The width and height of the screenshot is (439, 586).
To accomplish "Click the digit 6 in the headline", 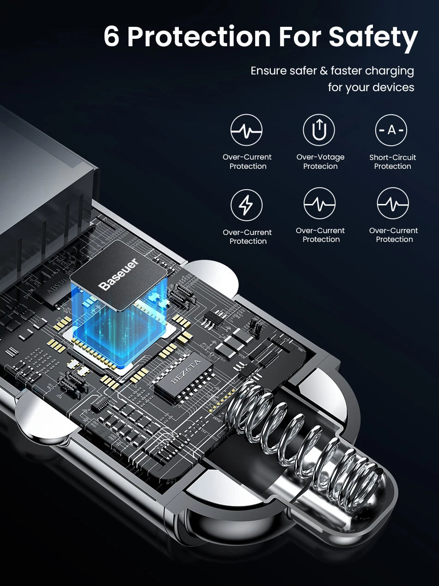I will pyautogui.click(x=112, y=37).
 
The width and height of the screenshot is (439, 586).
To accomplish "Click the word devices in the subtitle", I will pyautogui.click(x=394, y=87).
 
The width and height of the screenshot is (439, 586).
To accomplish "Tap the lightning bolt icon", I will pyautogui.click(x=246, y=205).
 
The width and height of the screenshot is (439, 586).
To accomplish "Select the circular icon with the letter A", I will pyautogui.click(x=391, y=130).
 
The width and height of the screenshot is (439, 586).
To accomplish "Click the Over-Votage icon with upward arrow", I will pyautogui.click(x=319, y=130).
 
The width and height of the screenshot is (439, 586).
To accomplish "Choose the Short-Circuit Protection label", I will pyautogui.click(x=392, y=162).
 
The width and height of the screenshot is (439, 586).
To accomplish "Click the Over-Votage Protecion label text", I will pyautogui.click(x=320, y=162).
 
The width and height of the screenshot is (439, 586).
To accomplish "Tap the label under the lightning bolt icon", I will pyautogui.click(x=248, y=237).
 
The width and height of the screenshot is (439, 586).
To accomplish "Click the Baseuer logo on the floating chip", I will pyautogui.click(x=119, y=275).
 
